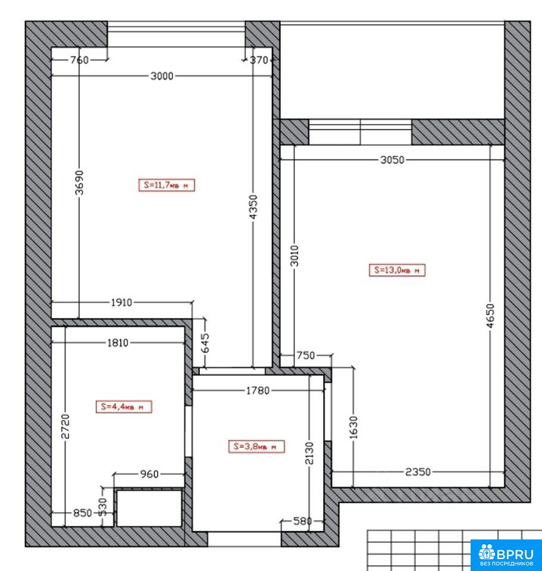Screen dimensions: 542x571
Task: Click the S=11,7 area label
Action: (x=167, y=185)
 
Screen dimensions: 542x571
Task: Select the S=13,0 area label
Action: (x=397, y=270)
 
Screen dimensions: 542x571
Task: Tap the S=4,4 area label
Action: (x=124, y=407)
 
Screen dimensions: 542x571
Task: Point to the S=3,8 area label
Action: (x=256, y=447)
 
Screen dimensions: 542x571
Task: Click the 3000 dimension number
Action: (x=162, y=76)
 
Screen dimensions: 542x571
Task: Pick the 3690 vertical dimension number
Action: (x=79, y=183)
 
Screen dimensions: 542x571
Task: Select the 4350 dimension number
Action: (x=253, y=206)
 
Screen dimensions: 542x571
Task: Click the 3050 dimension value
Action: (x=392, y=160)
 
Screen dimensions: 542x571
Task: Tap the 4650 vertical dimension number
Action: (x=491, y=316)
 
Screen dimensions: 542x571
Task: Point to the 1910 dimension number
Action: (x=121, y=303)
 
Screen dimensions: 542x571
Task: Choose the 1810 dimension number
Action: (x=118, y=343)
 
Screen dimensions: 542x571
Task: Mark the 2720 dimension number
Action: (x=65, y=426)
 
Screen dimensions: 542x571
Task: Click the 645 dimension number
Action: (x=205, y=343)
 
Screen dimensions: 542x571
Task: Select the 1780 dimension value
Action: (x=258, y=391)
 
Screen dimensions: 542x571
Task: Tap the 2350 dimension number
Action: (x=418, y=472)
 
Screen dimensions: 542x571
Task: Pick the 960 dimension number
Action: (x=149, y=474)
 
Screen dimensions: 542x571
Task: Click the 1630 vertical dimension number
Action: (x=353, y=427)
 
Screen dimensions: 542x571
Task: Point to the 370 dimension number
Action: (x=259, y=60)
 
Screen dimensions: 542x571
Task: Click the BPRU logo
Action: (x=507, y=554)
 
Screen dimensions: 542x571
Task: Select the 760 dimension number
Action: (x=79, y=60)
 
